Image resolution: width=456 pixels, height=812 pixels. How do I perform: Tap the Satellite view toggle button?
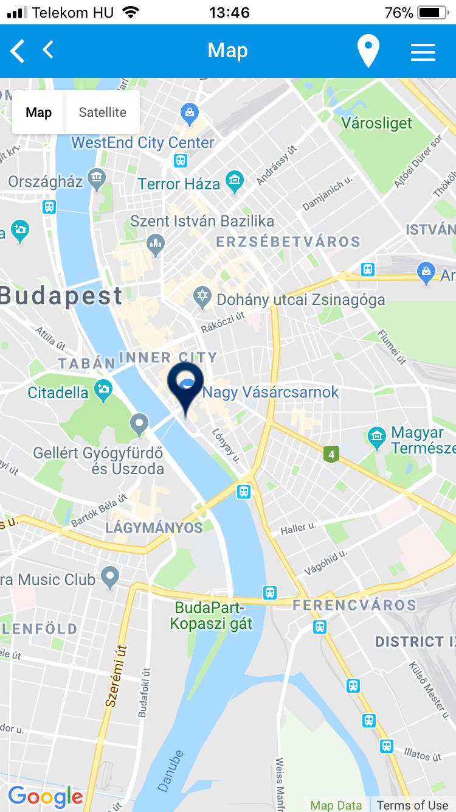(102, 113)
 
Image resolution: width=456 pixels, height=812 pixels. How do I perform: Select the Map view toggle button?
(39, 113)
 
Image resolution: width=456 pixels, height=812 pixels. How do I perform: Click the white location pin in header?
(368, 51)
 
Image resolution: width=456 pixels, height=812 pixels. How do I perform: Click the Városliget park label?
(376, 124)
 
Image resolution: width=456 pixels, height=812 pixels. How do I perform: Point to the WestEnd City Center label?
(143, 143)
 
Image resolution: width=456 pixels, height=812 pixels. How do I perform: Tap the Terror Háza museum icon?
(235, 181)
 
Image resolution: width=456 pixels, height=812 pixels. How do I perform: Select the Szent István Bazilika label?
(202, 221)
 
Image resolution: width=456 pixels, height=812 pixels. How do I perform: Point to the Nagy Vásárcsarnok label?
(271, 393)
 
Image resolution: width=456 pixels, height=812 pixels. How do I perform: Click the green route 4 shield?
(331, 454)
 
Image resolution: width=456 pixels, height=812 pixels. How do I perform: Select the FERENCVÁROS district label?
(354, 605)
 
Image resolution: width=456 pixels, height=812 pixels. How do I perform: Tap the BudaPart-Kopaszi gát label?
(210, 615)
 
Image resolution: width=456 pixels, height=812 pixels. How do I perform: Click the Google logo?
(46, 796)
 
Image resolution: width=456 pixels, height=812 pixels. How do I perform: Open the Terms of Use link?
(412, 805)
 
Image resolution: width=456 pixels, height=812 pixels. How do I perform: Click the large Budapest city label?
(61, 296)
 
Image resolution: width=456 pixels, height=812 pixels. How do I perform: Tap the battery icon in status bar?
(432, 12)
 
